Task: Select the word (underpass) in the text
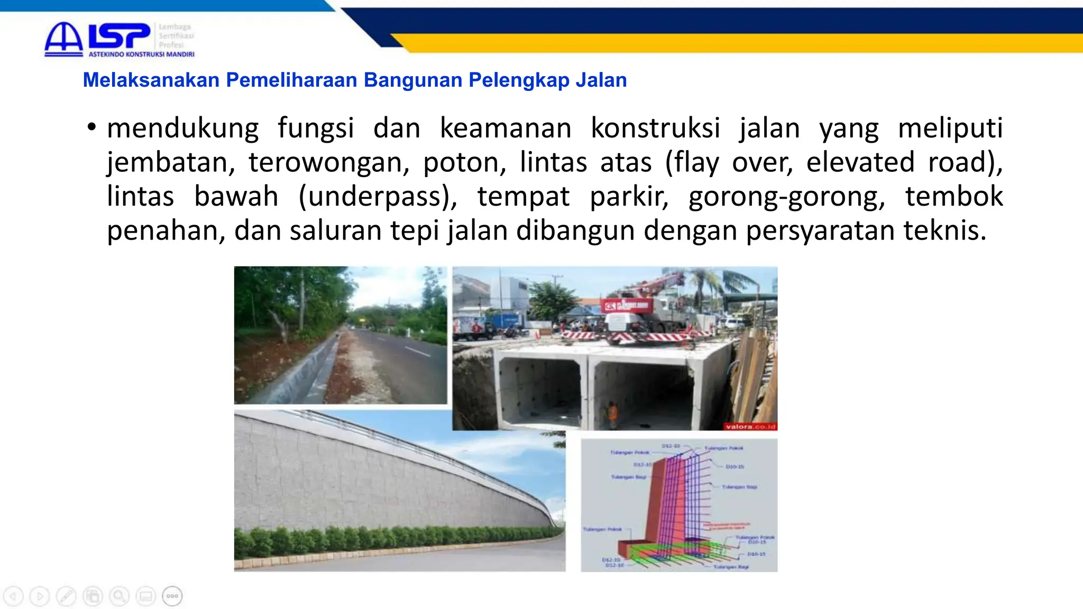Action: pyautogui.click(x=378, y=197)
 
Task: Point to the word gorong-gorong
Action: pyautogui.click(x=786, y=197)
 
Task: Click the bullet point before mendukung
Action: pyautogui.click(x=92, y=127)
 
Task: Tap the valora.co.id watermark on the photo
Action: pyautogui.click(x=750, y=427)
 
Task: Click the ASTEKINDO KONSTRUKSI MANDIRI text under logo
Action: pyautogui.click(x=141, y=54)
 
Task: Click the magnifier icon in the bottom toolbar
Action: pyautogui.click(x=119, y=596)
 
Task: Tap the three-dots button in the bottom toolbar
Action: pyautogui.click(x=172, y=596)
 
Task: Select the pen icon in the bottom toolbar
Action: pyautogui.click(x=66, y=596)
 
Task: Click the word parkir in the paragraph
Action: pyautogui.click(x=629, y=197)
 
